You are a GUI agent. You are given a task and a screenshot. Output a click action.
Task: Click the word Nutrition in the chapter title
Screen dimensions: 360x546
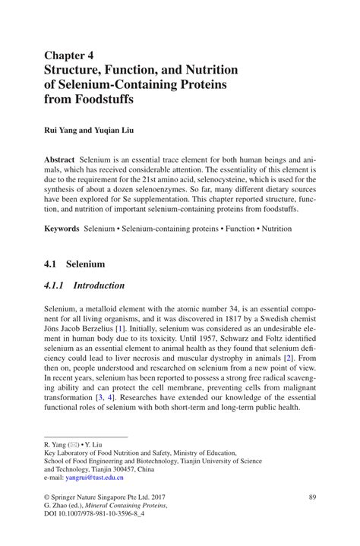(207, 69)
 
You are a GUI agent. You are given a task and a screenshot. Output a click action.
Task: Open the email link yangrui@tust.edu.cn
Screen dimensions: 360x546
(96, 478)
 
